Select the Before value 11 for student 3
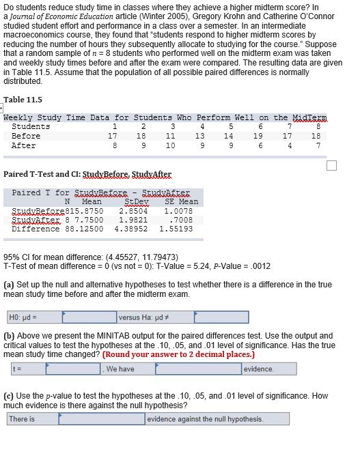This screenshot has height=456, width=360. pyautogui.click(x=171, y=136)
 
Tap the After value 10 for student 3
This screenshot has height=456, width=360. pyautogui.click(x=171, y=145)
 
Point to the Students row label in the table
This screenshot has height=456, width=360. pyautogui.click(x=31, y=126)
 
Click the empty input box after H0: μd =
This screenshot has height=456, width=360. pyautogui.click(x=89, y=317)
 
